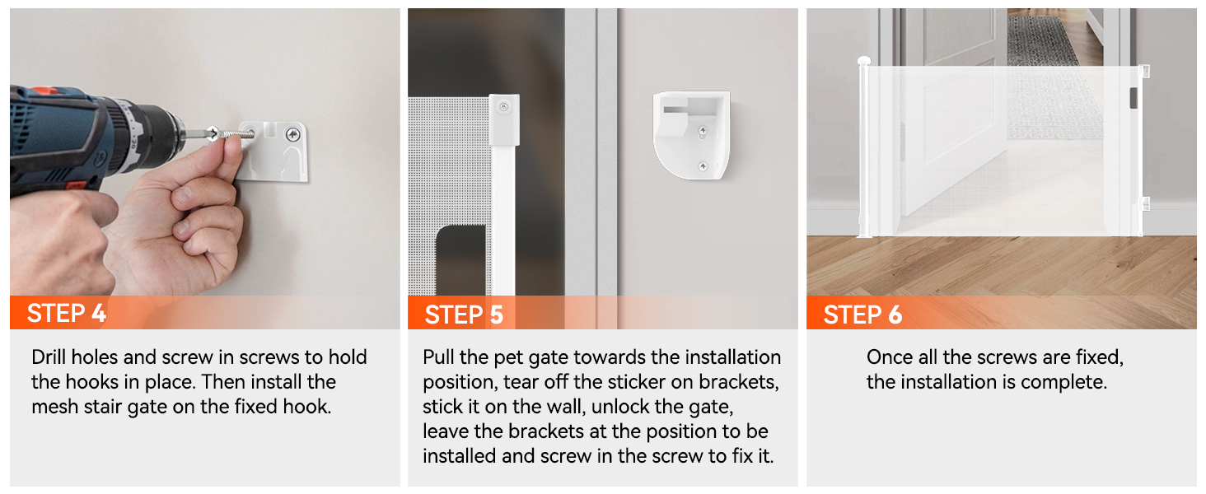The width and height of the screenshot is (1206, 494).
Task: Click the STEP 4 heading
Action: [66, 313]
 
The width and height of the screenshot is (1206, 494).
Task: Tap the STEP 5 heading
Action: [464, 315]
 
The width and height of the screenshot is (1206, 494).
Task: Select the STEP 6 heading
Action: [862, 315]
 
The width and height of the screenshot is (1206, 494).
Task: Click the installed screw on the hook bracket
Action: [293, 134]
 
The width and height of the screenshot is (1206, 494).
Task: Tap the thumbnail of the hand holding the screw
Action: [232, 142]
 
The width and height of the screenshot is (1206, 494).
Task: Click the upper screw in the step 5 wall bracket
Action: [702, 130]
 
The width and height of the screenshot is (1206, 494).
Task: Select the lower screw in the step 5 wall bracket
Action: [703, 167]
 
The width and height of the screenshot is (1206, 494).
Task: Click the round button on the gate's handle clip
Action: [503, 107]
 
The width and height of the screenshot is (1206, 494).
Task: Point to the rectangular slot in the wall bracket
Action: [680, 110]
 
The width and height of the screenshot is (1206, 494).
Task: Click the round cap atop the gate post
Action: [863, 61]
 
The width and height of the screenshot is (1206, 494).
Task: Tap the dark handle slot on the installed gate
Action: [1134, 98]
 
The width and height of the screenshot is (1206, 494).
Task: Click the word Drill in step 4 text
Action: [49, 357]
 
